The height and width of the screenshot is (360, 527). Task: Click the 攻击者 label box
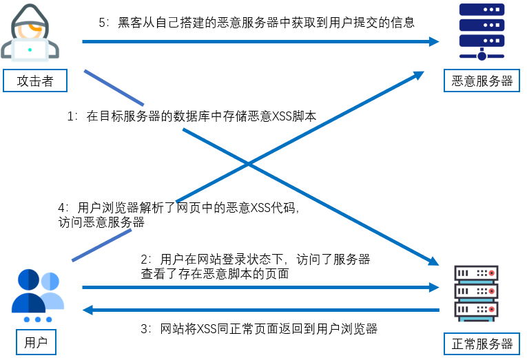(x=35, y=81)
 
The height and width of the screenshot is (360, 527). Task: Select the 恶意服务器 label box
(x=482, y=81)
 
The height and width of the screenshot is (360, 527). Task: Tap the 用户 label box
(x=35, y=342)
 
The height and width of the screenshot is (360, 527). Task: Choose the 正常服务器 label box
(x=482, y=343)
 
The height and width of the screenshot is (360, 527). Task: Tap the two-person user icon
(x=37, y=293)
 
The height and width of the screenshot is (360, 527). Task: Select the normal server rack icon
(x=476, y=292)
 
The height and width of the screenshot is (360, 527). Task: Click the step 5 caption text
(x=256, y=22)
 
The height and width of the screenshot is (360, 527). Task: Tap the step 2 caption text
(x=255, y=266)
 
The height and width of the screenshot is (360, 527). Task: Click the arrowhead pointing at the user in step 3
(x=88, y=310)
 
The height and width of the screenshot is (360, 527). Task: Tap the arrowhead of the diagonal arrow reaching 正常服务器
(x=432, y=262)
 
